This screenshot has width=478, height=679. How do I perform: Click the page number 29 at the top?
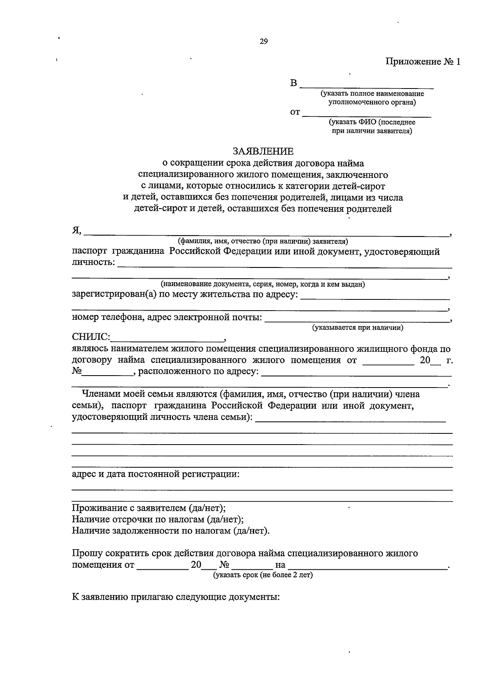[x=263, y=41]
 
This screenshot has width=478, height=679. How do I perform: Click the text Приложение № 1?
[x=422, y=62]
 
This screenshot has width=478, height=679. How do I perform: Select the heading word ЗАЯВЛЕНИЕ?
[x=263, y=151]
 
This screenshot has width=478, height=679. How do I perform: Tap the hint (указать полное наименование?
[x=372, y=94]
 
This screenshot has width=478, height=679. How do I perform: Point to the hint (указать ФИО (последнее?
[x=372, y=122]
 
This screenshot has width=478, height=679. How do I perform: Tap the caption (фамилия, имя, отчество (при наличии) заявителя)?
[x=263, y=241]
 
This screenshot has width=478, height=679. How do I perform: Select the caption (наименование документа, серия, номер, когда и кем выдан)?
[x=263, y=284]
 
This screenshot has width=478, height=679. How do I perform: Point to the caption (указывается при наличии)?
[x=358, y=328]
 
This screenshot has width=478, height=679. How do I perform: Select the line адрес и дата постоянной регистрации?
[x=156, y=474]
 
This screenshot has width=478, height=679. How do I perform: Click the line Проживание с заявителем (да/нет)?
[x=149, y=508]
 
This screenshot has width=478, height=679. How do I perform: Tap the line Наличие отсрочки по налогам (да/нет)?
[x=158, y=520]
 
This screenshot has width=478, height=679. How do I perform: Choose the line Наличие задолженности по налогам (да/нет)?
[x=170, y=531]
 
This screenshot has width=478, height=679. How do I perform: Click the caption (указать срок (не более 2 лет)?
[x=263, y=575]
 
